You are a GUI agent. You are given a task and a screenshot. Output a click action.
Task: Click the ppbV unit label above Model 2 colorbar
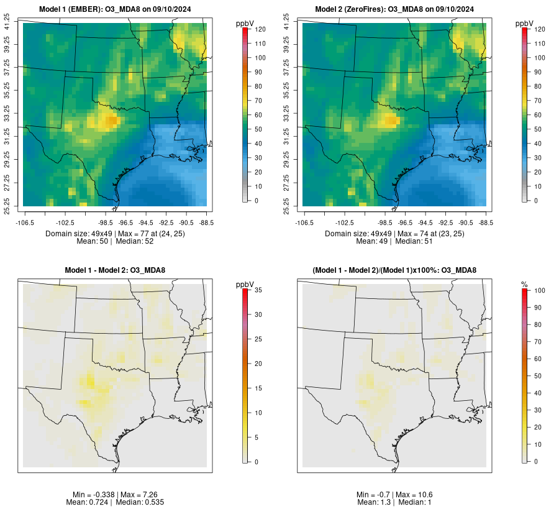point(525,23)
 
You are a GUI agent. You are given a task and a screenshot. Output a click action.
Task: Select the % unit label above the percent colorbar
point(524,285)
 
